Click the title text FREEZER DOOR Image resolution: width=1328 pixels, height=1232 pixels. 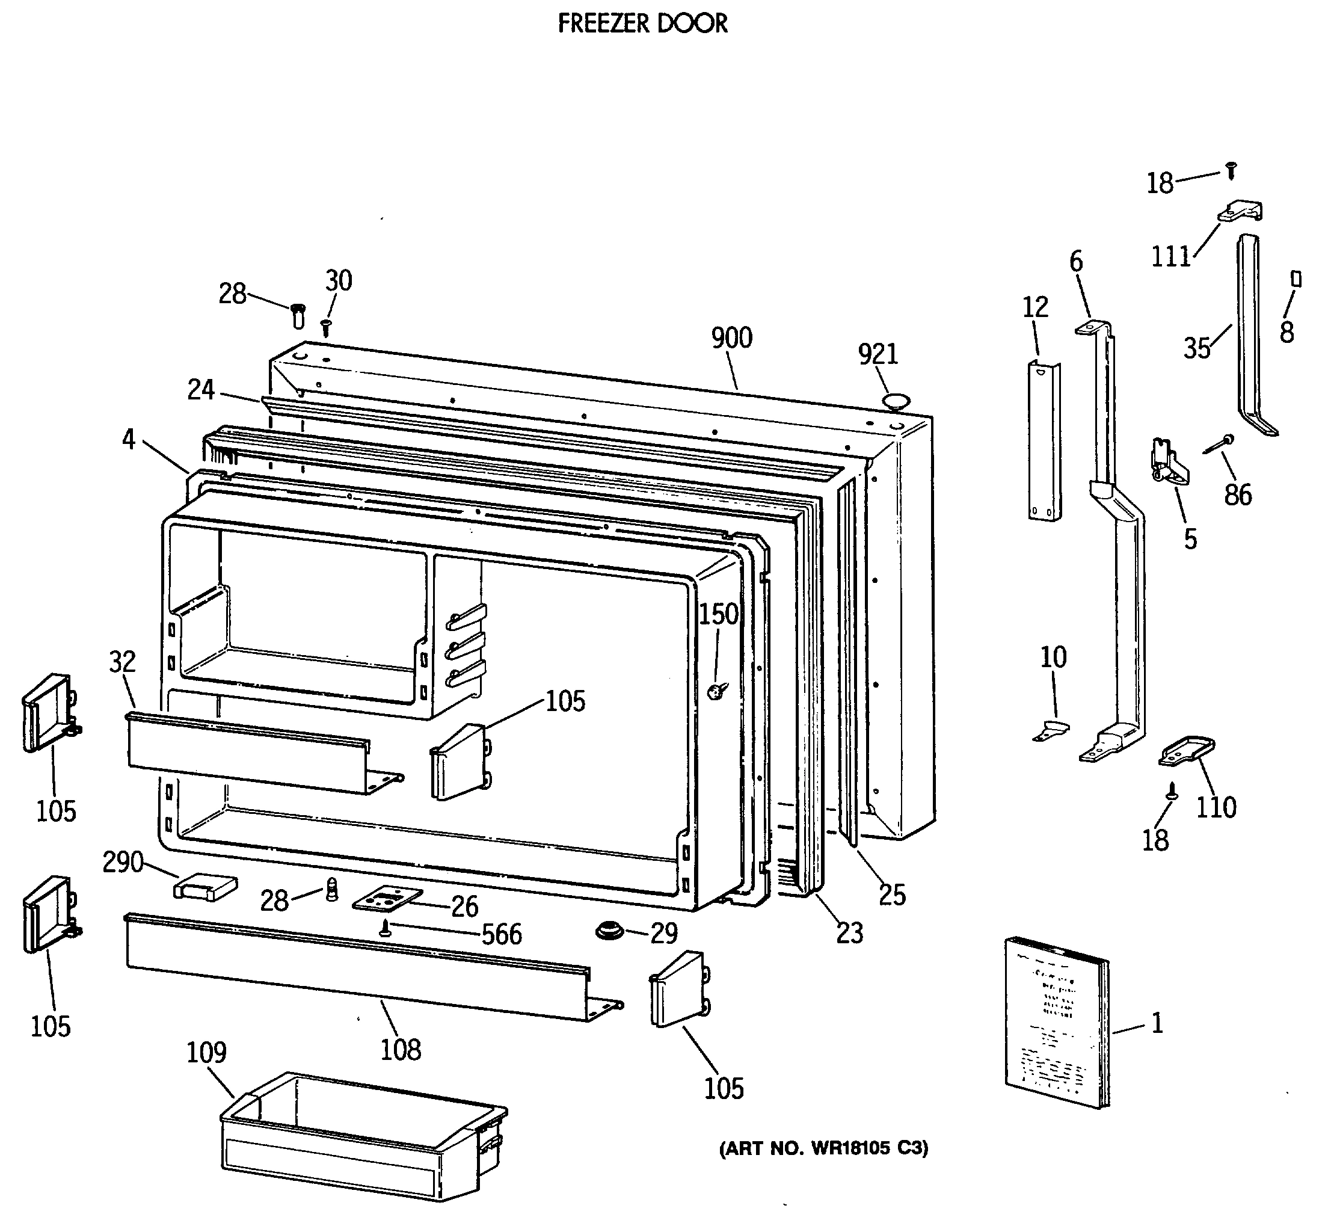coord(642,23)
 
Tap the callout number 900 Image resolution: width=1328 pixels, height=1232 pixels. coord(731,338)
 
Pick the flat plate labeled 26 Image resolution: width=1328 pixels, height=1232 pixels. coord(387,898)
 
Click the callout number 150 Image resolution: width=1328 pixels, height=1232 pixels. coord(718,614)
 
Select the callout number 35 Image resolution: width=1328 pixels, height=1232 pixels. coord(1197,348)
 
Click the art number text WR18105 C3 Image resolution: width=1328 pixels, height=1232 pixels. coord(823,1148)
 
